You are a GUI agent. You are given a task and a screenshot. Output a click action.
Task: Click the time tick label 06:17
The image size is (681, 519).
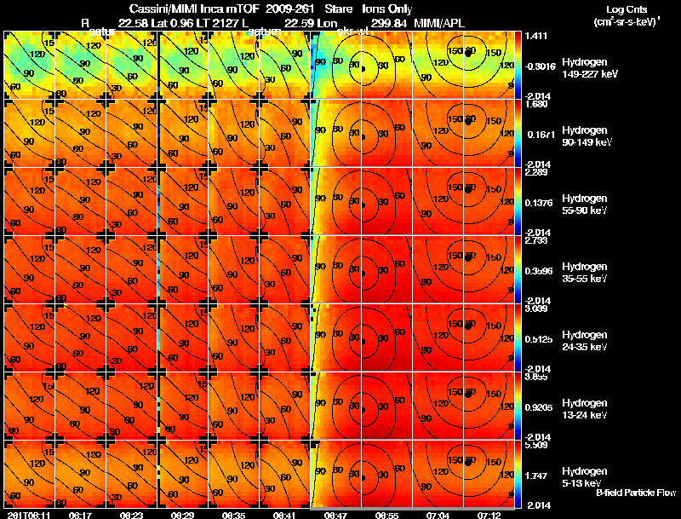click(x=81, y=515)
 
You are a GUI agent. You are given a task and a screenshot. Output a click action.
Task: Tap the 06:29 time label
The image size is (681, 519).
click(x=183, y=515)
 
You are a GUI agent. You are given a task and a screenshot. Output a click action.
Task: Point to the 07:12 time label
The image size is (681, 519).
click(x=490, y=515)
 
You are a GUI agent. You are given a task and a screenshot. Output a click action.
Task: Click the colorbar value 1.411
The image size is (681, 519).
click(x=537, y=37)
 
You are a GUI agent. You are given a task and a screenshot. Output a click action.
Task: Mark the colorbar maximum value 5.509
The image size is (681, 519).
click(x=537, y=445)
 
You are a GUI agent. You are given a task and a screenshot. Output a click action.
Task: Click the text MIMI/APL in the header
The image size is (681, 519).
click(x=439, y=22)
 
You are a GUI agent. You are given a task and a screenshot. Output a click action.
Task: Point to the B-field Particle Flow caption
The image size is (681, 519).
click(x=636, y=493)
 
